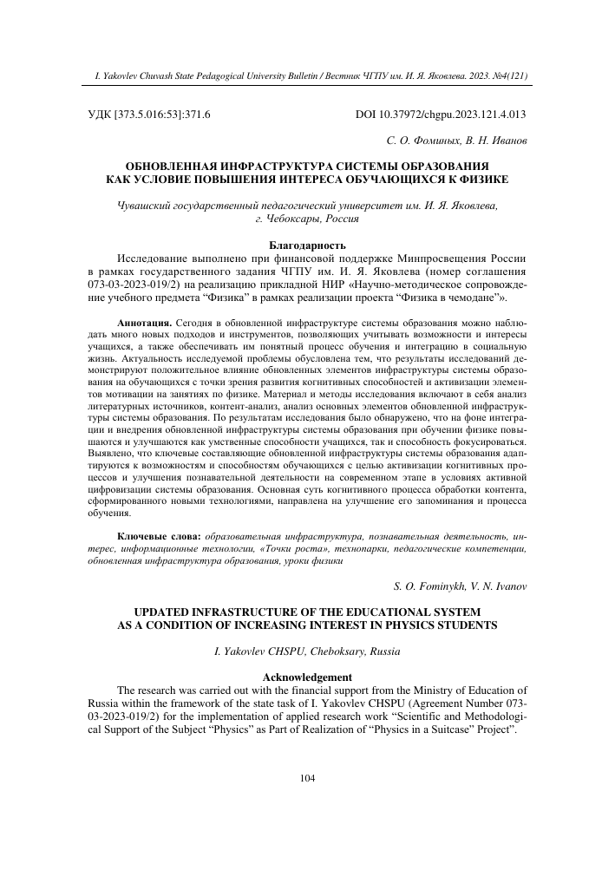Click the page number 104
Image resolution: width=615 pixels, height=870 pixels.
tap(306, 777)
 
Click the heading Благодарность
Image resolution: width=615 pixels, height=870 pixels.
tap(307, 245)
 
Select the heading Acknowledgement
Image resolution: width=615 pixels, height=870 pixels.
tap(307, 677)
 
